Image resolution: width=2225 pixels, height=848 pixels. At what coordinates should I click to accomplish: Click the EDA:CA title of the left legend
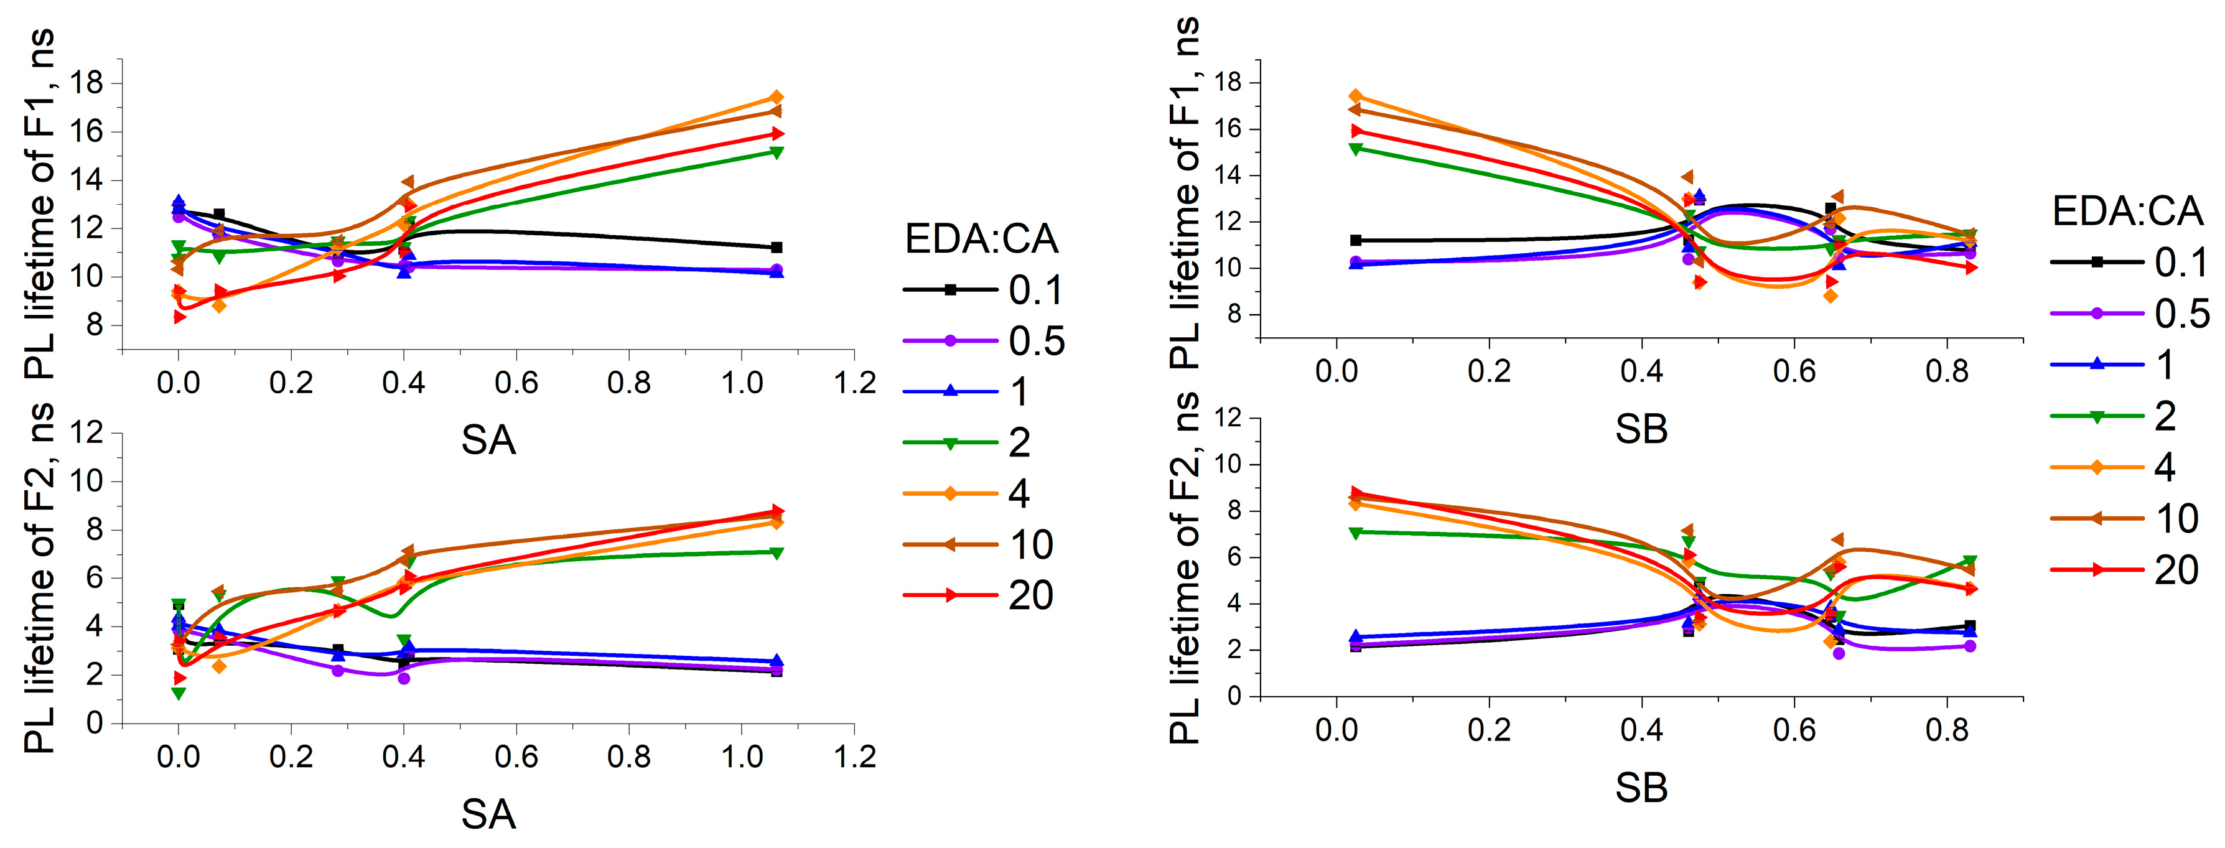pos(981,239)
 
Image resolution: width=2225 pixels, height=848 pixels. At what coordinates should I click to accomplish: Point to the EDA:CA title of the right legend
pos(2127,212)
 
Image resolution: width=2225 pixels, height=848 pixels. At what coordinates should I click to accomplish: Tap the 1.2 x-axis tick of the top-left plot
pos(854,383)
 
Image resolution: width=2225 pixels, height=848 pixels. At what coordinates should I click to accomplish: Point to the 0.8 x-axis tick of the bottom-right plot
pos(1947,730)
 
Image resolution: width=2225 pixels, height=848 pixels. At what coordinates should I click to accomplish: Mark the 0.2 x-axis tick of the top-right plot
pos(1488,371)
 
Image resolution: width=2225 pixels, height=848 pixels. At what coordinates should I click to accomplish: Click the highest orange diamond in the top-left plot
pos(776,98)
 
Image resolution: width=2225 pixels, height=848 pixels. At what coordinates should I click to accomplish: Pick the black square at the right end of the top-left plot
pos(776,248)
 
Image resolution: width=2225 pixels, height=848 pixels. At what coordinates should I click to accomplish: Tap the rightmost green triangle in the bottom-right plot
pos(1970,561)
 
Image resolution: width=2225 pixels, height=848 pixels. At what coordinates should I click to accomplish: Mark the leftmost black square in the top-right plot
pos(1355,240)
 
